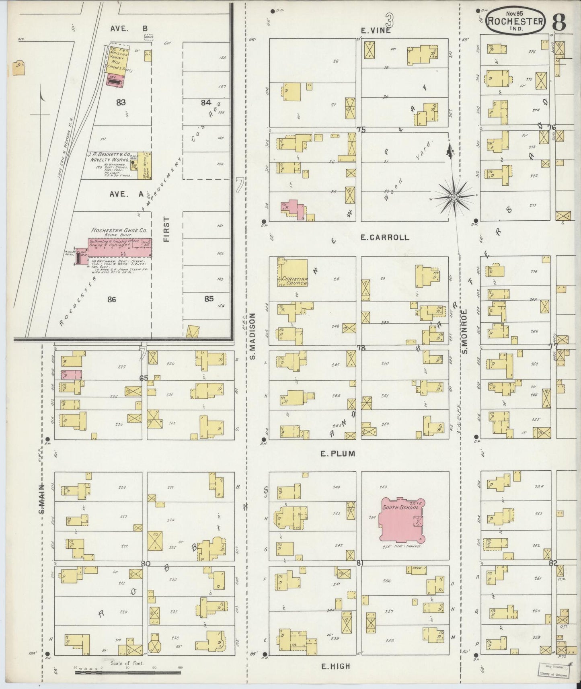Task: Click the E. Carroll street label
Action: [x=384, y=238]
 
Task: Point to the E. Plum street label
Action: [x=338, y=453]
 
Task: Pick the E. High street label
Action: [x=335, y=666]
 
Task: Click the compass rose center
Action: [x=454, y=197]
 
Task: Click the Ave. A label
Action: [x=127, y=194]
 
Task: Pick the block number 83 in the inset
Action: [x=121, y=103]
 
